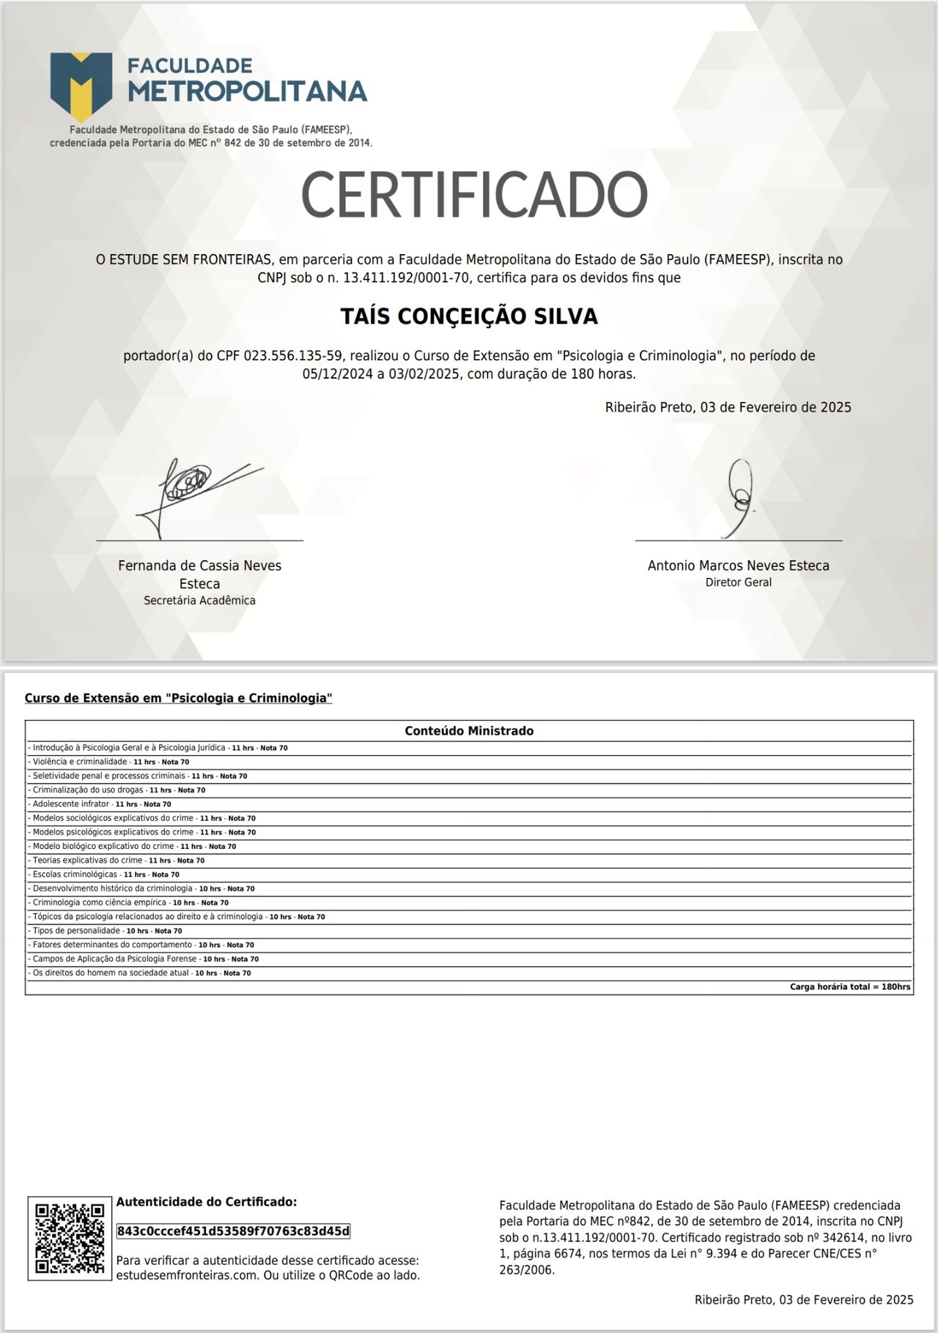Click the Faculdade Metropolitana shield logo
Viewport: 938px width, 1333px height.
tap(81, 86)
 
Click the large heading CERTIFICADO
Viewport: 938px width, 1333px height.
tap(474, 194)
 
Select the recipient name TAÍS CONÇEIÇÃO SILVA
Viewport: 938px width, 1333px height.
tap(469, 316)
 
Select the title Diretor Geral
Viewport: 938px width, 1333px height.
tap(738, 583)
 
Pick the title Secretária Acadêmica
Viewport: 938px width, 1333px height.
tap(199, 601)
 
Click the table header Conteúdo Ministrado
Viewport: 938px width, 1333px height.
tap(469, 731)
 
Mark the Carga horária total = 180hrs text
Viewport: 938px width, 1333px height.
tap(850, 987)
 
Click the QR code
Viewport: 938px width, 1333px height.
tap(70, 1239)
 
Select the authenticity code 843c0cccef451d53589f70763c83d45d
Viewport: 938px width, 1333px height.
tap(233, 1231)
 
